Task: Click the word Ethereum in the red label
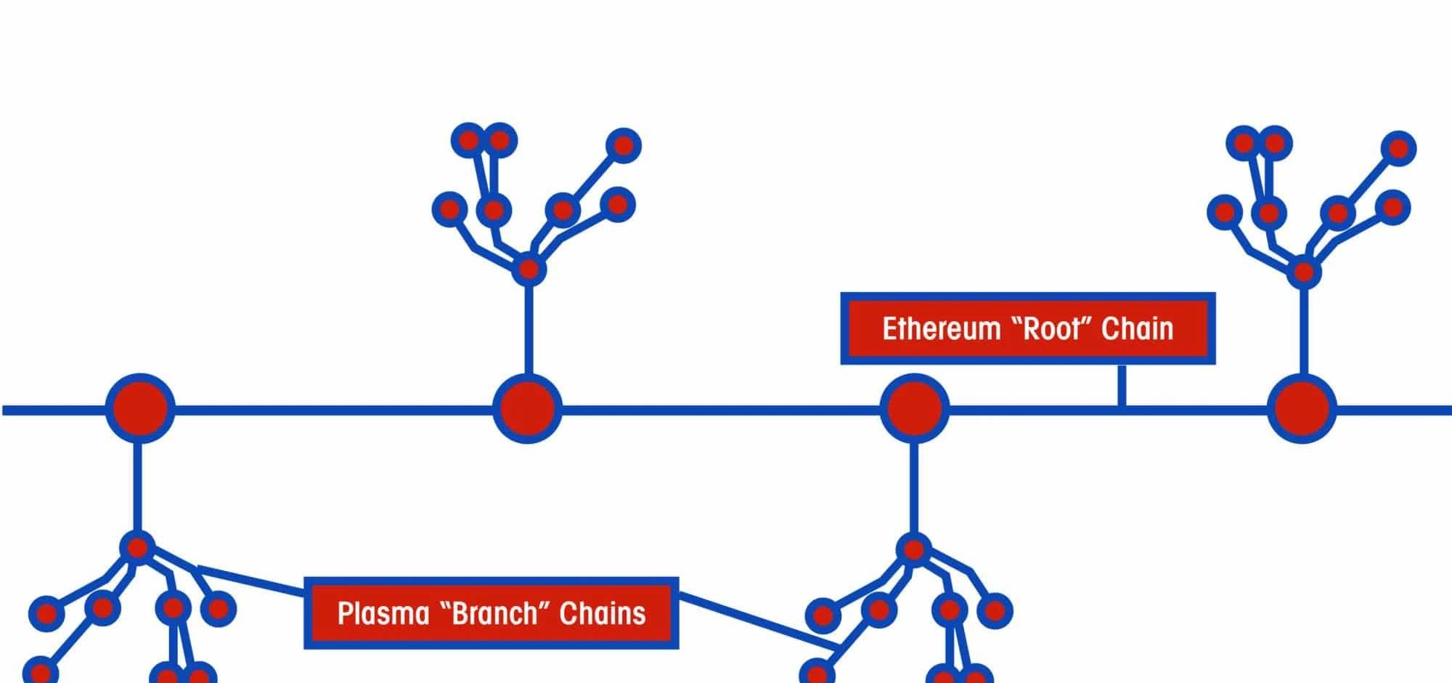[x=941, y=328]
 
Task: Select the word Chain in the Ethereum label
[x=1137, y=328]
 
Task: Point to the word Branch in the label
[x=494, y=613]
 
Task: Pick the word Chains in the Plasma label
[x=603, y=613]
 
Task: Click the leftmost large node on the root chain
[x=140, y=408]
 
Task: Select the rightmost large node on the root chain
[x=1302, y=408]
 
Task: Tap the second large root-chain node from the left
[x=527, y=408]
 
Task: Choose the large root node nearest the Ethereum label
[x=914, y=408]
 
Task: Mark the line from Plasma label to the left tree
[x=250, y=580]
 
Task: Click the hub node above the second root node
[x=529, y=270]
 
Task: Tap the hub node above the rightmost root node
[x=1304, y=272]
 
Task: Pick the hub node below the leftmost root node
[x=137, y=546]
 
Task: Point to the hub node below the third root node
[x=913, y=549]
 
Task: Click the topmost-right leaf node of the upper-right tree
[x=1399, y=148]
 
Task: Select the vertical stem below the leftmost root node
[x=137, y=487]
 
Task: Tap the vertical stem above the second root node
[x=529, y=327]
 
